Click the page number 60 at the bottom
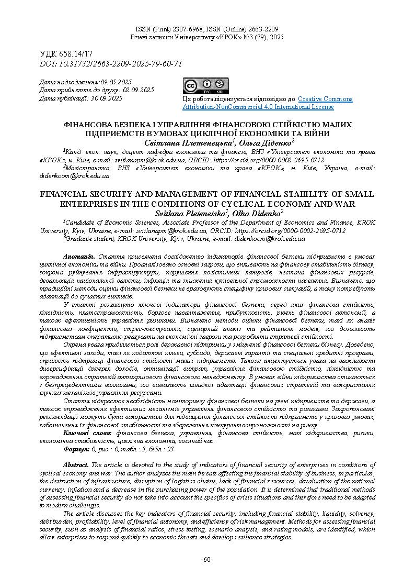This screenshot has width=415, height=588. coord(207,560)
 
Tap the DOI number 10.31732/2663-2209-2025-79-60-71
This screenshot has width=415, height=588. coord(119,63)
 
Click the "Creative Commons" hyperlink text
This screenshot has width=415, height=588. coord(325,99)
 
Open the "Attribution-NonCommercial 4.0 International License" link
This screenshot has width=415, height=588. coord(258,107)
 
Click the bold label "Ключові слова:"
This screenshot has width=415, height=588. coord(87,434)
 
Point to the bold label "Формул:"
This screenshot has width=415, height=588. coord(76,449)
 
